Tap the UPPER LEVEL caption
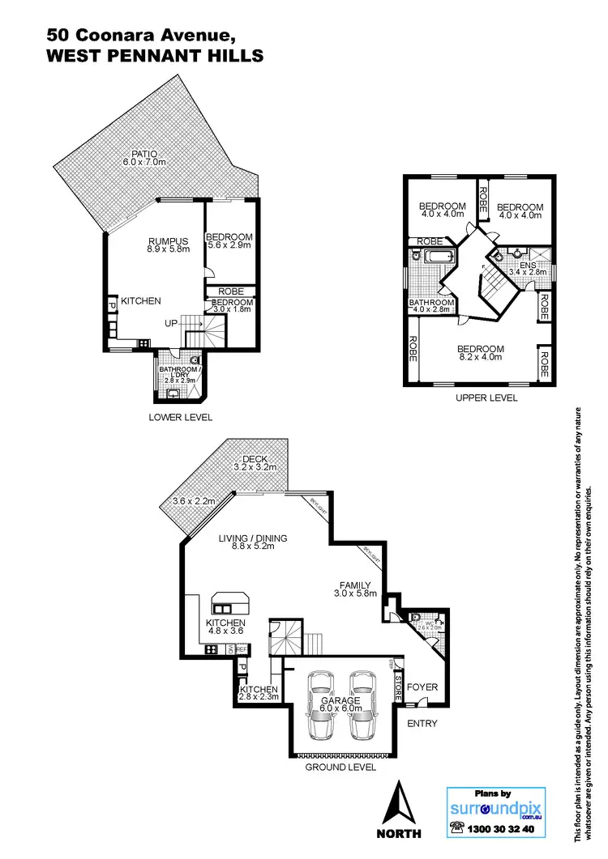coord(486,398)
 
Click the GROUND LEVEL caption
coord(340,766)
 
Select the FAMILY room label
coord(354,585)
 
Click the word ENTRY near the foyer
coord(422,724)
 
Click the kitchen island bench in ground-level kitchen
coord(231,602)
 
